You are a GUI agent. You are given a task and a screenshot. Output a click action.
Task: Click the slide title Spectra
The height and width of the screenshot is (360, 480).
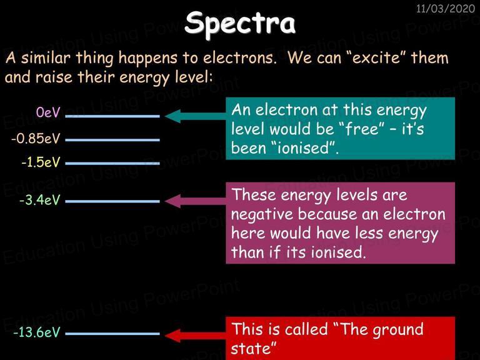tap(240, 24)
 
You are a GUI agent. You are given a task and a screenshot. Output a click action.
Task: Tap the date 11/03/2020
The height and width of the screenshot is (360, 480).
tap(446, 9)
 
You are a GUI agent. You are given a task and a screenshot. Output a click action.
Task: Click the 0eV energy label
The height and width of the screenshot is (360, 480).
tap(48, 112)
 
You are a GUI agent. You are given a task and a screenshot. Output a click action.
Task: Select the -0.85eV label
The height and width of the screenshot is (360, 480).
tap(36, 138)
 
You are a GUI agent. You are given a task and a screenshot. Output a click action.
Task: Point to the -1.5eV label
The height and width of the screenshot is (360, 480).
tap(41, 162)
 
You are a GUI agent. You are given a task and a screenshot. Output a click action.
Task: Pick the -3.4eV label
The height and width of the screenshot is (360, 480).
tap(40, 200)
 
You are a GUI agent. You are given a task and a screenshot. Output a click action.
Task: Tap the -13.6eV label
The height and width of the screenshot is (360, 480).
tap(37, 332)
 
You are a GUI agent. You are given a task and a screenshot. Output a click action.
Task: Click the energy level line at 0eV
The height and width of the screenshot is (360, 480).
tap(112, 116)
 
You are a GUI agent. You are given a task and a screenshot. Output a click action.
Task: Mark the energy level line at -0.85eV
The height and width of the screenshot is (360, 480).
tap(112, 140)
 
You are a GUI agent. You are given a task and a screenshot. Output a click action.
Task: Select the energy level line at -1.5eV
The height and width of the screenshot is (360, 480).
tap(112, 164)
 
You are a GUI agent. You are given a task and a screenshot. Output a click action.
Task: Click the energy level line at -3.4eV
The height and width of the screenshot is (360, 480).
tap(112, 201)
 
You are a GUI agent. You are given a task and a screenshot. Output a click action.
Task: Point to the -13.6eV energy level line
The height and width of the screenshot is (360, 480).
tap(112, 334)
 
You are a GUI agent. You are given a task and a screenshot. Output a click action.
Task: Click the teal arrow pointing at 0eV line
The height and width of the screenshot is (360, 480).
tap(195, 116)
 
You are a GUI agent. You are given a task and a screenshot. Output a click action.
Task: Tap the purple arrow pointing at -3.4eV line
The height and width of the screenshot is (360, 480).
tap(195, 201)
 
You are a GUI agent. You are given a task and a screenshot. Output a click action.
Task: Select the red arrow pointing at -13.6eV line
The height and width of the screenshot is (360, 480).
tap(195, 336)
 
